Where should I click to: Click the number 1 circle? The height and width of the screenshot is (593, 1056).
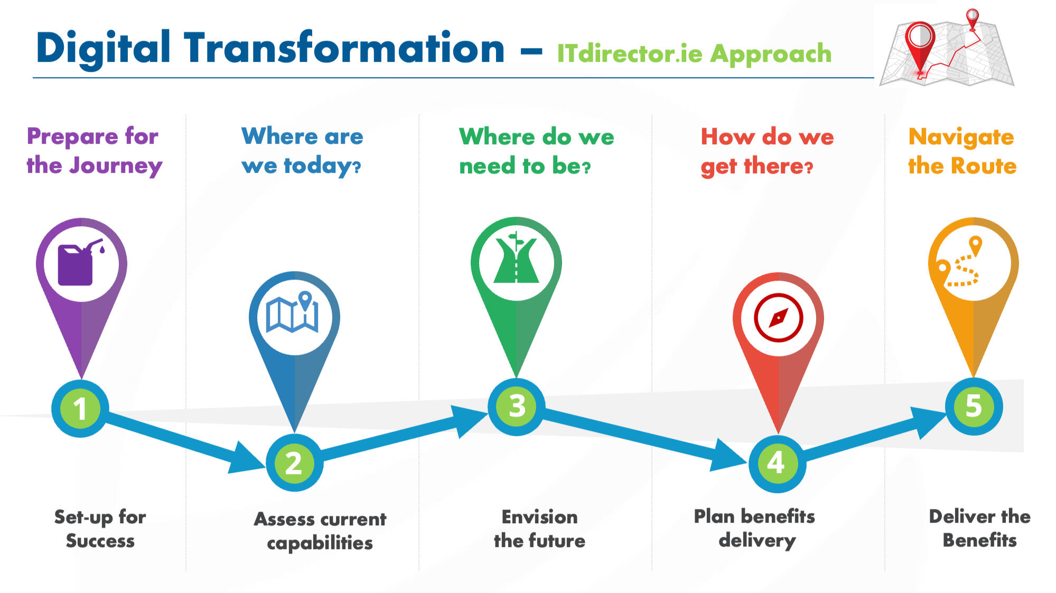80,409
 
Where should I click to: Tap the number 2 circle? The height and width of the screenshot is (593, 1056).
294,464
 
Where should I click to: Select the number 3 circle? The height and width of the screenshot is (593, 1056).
517,406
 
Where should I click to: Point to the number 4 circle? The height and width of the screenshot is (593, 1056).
777,463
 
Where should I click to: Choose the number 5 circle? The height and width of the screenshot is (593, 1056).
974,406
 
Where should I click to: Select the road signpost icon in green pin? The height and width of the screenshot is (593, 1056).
516,259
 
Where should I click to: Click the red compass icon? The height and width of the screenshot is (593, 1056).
778,318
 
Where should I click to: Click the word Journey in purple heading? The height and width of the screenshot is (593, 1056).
116,166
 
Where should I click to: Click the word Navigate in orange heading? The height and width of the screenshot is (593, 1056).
961,137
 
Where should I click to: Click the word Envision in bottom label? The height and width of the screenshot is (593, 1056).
539,516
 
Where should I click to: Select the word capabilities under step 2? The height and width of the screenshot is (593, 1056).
320,543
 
